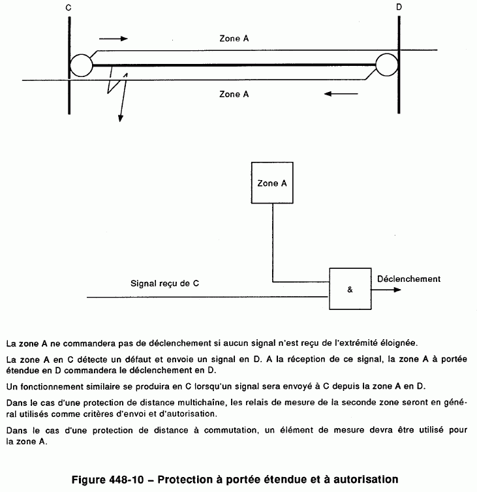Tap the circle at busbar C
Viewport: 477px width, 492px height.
pos(82,65)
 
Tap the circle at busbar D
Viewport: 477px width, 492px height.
pos(386,65)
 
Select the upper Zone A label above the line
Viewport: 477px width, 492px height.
pos(234,38)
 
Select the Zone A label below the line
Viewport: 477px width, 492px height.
pos(234,94)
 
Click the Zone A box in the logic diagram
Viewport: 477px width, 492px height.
pos(272,183)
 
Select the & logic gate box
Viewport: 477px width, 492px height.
pos(349,289)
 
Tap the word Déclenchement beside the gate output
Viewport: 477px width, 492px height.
pos(408,279)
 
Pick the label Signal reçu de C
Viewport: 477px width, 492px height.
pos(164,284)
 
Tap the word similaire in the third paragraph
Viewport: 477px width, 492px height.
pos(102,384)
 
